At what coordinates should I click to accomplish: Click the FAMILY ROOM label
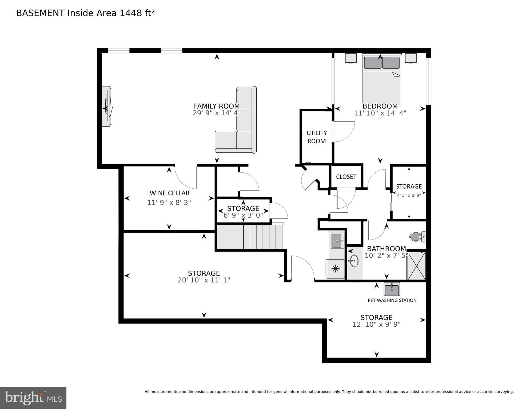[217, 106]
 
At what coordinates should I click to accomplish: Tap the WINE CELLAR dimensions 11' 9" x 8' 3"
[169, 203]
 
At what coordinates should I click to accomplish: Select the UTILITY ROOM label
[317, 137]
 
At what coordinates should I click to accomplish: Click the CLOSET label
[346, 177]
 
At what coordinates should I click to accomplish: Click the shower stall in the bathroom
[416, 266]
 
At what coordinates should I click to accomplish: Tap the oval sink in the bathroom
[354, 261]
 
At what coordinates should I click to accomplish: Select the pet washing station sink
[392, 289]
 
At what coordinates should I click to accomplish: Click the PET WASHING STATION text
[392, 300]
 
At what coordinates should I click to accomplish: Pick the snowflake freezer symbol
[335, 269]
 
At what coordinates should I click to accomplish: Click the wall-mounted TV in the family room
[107, 107]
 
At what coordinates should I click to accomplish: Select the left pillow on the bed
[373, 63]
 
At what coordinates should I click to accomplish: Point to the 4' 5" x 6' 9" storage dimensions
[409, 195]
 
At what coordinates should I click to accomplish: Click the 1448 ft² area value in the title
[137, 13]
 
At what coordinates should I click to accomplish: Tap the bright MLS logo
[33, 398]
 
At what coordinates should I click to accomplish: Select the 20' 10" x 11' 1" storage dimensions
[204, 280]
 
